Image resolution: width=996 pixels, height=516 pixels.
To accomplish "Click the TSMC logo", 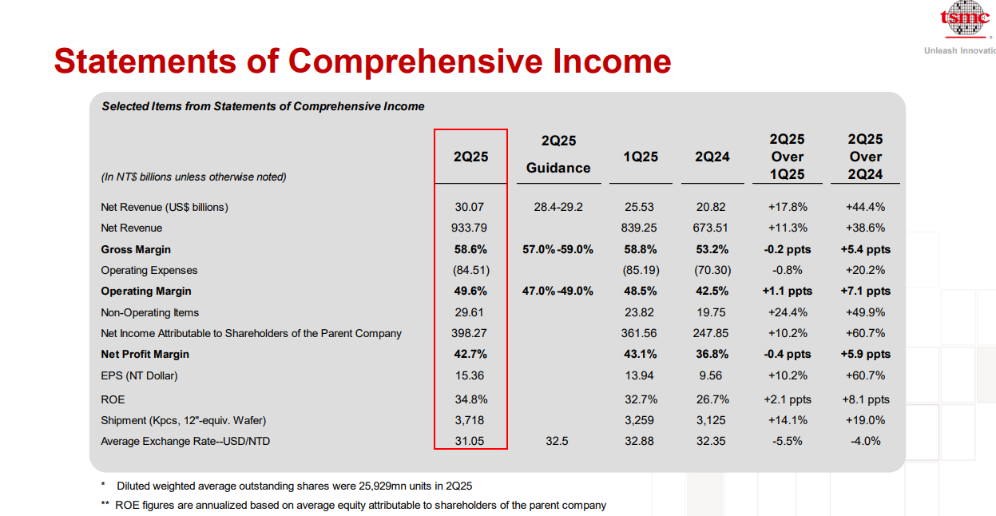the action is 965,18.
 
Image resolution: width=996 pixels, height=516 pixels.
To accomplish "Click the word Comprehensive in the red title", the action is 415,62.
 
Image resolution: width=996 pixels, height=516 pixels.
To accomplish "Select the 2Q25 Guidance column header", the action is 558,154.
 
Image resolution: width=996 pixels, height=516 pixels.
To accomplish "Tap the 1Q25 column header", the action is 641,157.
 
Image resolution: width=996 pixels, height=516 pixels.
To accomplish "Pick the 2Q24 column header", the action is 712,157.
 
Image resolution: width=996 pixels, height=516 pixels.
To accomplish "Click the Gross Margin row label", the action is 136,249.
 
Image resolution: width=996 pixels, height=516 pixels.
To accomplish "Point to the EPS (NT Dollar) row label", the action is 139,376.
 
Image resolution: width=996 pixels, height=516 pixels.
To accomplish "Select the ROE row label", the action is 113,399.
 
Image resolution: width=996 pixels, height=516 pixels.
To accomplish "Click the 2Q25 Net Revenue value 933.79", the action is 469,228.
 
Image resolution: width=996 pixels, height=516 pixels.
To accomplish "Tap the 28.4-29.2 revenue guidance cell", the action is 558,207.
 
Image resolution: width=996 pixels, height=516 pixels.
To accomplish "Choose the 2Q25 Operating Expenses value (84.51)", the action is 471,270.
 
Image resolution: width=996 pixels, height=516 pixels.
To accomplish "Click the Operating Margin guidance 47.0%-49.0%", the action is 558,291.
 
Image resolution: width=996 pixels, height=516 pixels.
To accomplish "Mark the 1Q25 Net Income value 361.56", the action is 639,333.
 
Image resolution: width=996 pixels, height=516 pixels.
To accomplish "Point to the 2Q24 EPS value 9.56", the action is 711,375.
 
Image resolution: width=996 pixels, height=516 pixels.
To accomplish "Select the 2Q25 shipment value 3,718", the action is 470,420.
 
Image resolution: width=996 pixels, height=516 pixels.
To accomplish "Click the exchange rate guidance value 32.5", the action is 557,441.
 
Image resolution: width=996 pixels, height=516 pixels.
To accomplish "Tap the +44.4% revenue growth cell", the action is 865,207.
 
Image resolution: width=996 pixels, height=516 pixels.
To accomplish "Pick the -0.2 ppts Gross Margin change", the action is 787,249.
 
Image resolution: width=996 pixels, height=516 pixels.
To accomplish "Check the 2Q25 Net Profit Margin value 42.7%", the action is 470,354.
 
